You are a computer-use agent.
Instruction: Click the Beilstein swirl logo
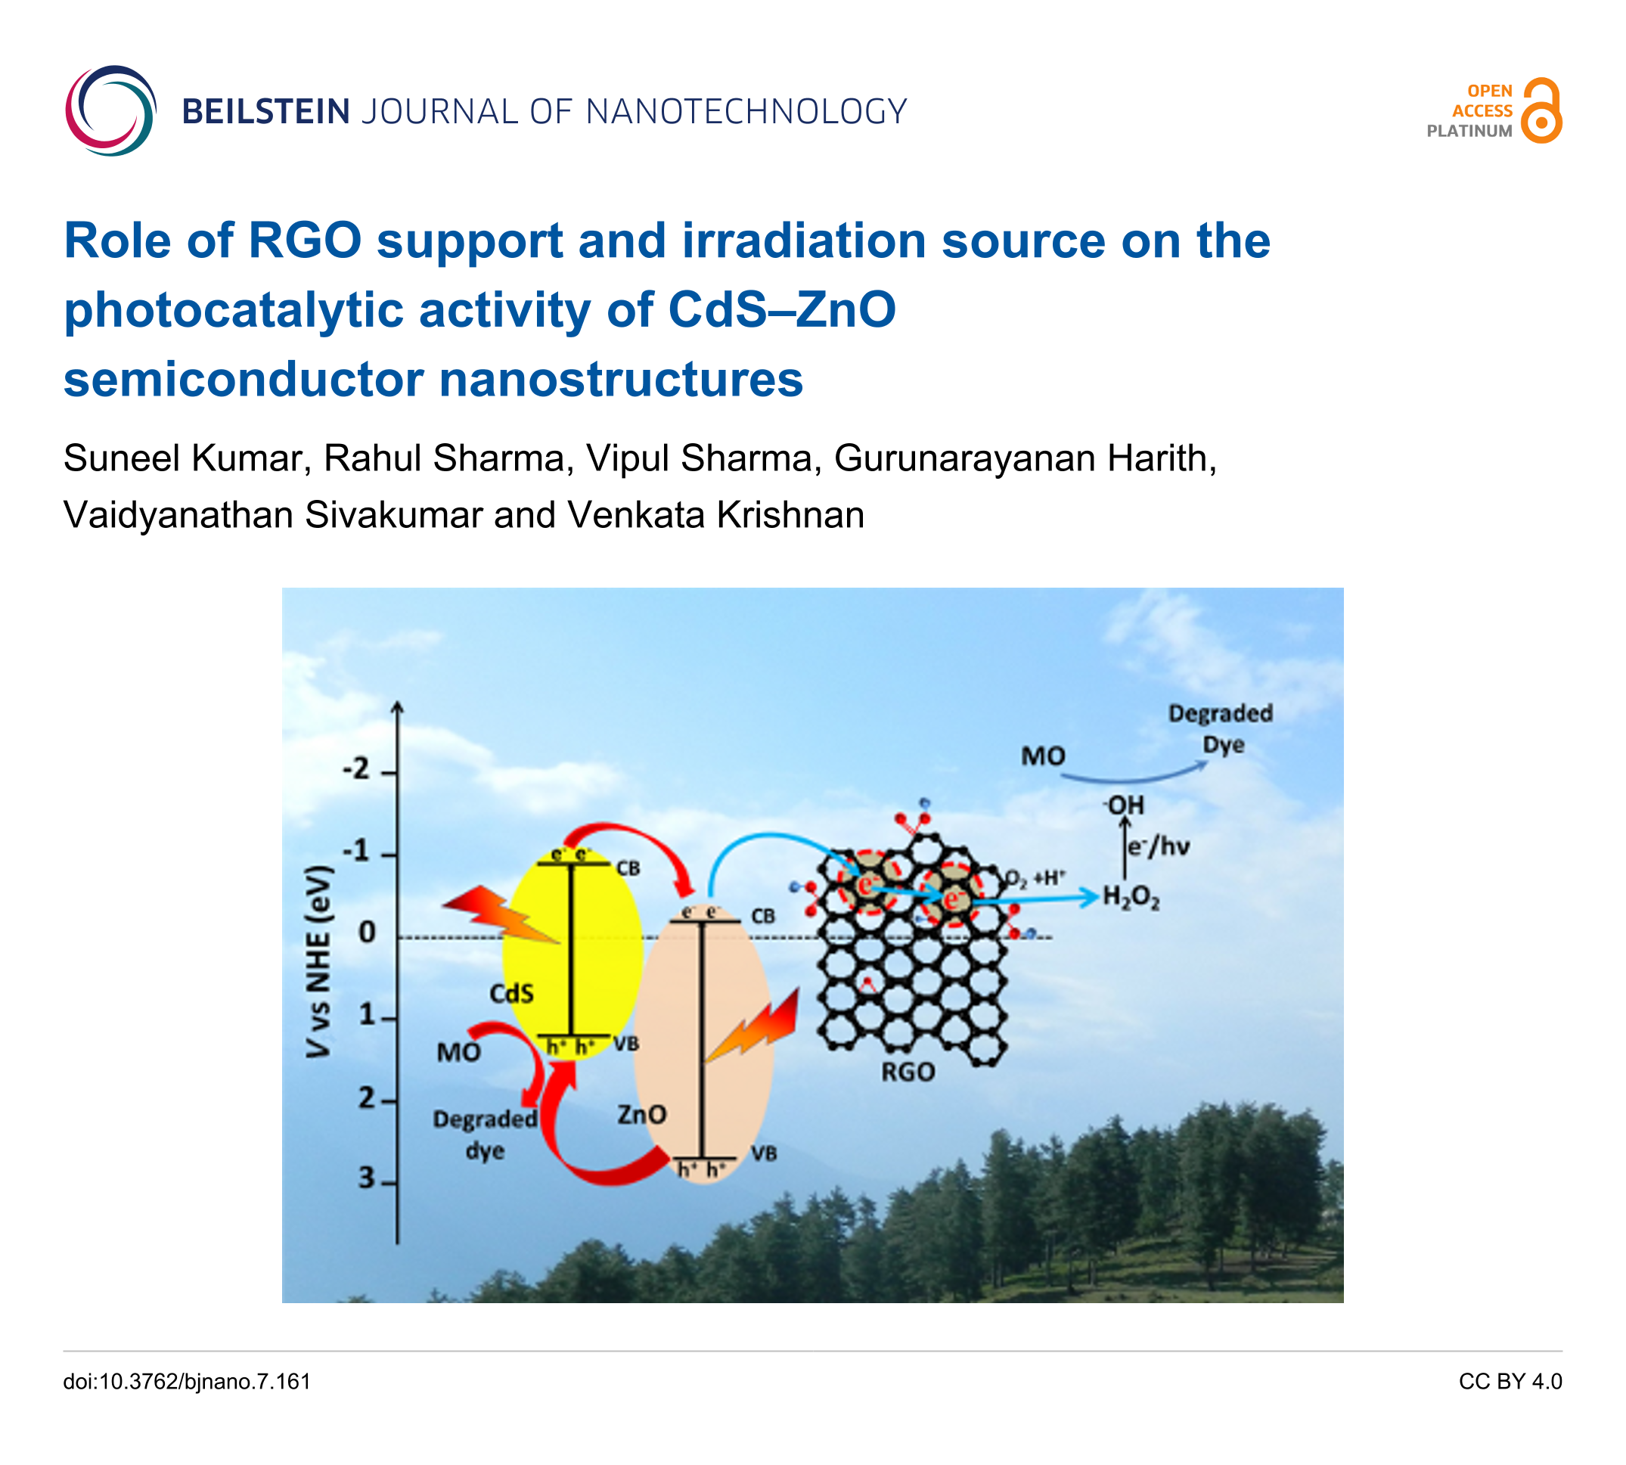tap(110, 110)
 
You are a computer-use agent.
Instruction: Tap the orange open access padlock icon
tap(1541, 110)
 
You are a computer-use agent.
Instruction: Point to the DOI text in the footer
tap(187, 1381)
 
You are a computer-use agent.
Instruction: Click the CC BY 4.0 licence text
tap(1510, 1381)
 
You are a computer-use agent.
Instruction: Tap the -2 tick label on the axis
tap(355, 768)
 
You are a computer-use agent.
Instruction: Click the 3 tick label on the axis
tap(366, 1178)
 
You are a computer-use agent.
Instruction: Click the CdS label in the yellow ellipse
tap(511, 993)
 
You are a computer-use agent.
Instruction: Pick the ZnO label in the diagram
tap(641, 1114)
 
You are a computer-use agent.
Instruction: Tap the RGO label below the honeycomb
tap(908, 1072)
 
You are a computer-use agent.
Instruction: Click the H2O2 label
tap(1131, 897)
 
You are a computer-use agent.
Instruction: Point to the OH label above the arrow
tap(1125, 805)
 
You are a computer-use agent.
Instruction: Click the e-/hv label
tap(1159, 847)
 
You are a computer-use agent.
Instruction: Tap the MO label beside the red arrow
tap(458, 1052)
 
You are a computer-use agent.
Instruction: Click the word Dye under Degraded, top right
tap(1223, 744)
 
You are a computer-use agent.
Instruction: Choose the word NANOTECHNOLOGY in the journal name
tap(746, 111)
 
